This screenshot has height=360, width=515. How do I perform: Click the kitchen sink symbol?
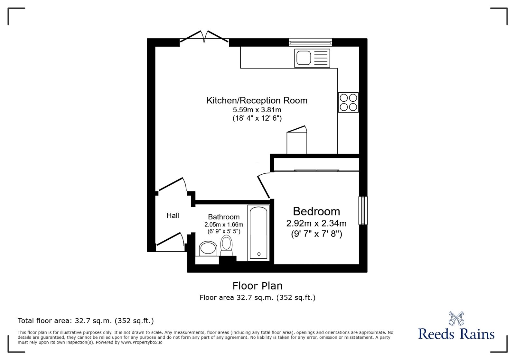tap(312, 58)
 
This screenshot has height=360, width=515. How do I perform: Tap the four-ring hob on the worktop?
tap(348, 102)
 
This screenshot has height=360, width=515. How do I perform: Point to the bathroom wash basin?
tap(208, 248)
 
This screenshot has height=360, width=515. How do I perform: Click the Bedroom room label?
tap(316, 211)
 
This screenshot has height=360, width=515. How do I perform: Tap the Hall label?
tap(173, 216)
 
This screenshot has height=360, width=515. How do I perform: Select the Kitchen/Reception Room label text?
tap(257, 100)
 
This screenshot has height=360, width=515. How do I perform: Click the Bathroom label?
tap(224, 217)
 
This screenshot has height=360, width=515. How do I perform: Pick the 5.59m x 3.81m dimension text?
tap(257, 110)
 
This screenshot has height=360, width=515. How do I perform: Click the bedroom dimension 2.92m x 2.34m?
tap(316, 223)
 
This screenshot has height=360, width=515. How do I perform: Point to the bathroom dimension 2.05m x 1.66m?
tap(224, 225)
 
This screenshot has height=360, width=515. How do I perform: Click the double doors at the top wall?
tap(204, 37)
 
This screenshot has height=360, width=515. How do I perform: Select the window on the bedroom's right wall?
tap(363, 210)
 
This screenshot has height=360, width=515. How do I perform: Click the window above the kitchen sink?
tap(310, 42)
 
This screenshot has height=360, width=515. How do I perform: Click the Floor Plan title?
tap(257, 286)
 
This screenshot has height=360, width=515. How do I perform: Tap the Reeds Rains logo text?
tap(456, 334)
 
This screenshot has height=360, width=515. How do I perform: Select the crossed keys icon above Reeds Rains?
tap(456, 318)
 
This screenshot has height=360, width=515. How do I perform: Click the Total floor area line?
tap(86, 321)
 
